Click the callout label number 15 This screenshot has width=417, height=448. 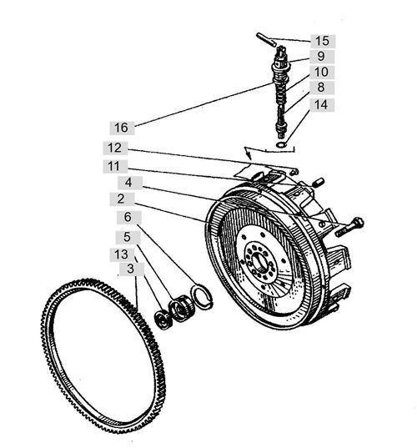pos(323,41)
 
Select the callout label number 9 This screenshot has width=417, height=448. pos(322,56)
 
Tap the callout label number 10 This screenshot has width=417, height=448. pos(322,72)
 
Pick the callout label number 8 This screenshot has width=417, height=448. pos(322,87)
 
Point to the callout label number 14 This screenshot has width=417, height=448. pos(322,105)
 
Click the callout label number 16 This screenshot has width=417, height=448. pos(122,128)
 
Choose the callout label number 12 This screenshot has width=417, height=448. pos(115,148)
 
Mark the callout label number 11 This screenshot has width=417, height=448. pos(115,166)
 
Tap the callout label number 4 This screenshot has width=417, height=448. pos(130,183)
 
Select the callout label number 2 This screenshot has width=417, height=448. pos(122,199)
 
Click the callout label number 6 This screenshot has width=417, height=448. pos(129,218)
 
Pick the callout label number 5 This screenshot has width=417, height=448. pos(128,238)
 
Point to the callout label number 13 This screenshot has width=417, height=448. pos(123,254)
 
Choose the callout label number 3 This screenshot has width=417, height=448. pos(132,269)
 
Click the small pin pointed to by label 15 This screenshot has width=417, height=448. pos(266,39)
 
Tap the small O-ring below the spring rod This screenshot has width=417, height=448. pos(282,145)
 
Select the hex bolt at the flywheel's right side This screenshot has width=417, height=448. pos(349,227)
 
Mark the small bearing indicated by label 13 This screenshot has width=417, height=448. pos(163,320)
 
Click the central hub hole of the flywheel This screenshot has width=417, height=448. pos(261,260)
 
